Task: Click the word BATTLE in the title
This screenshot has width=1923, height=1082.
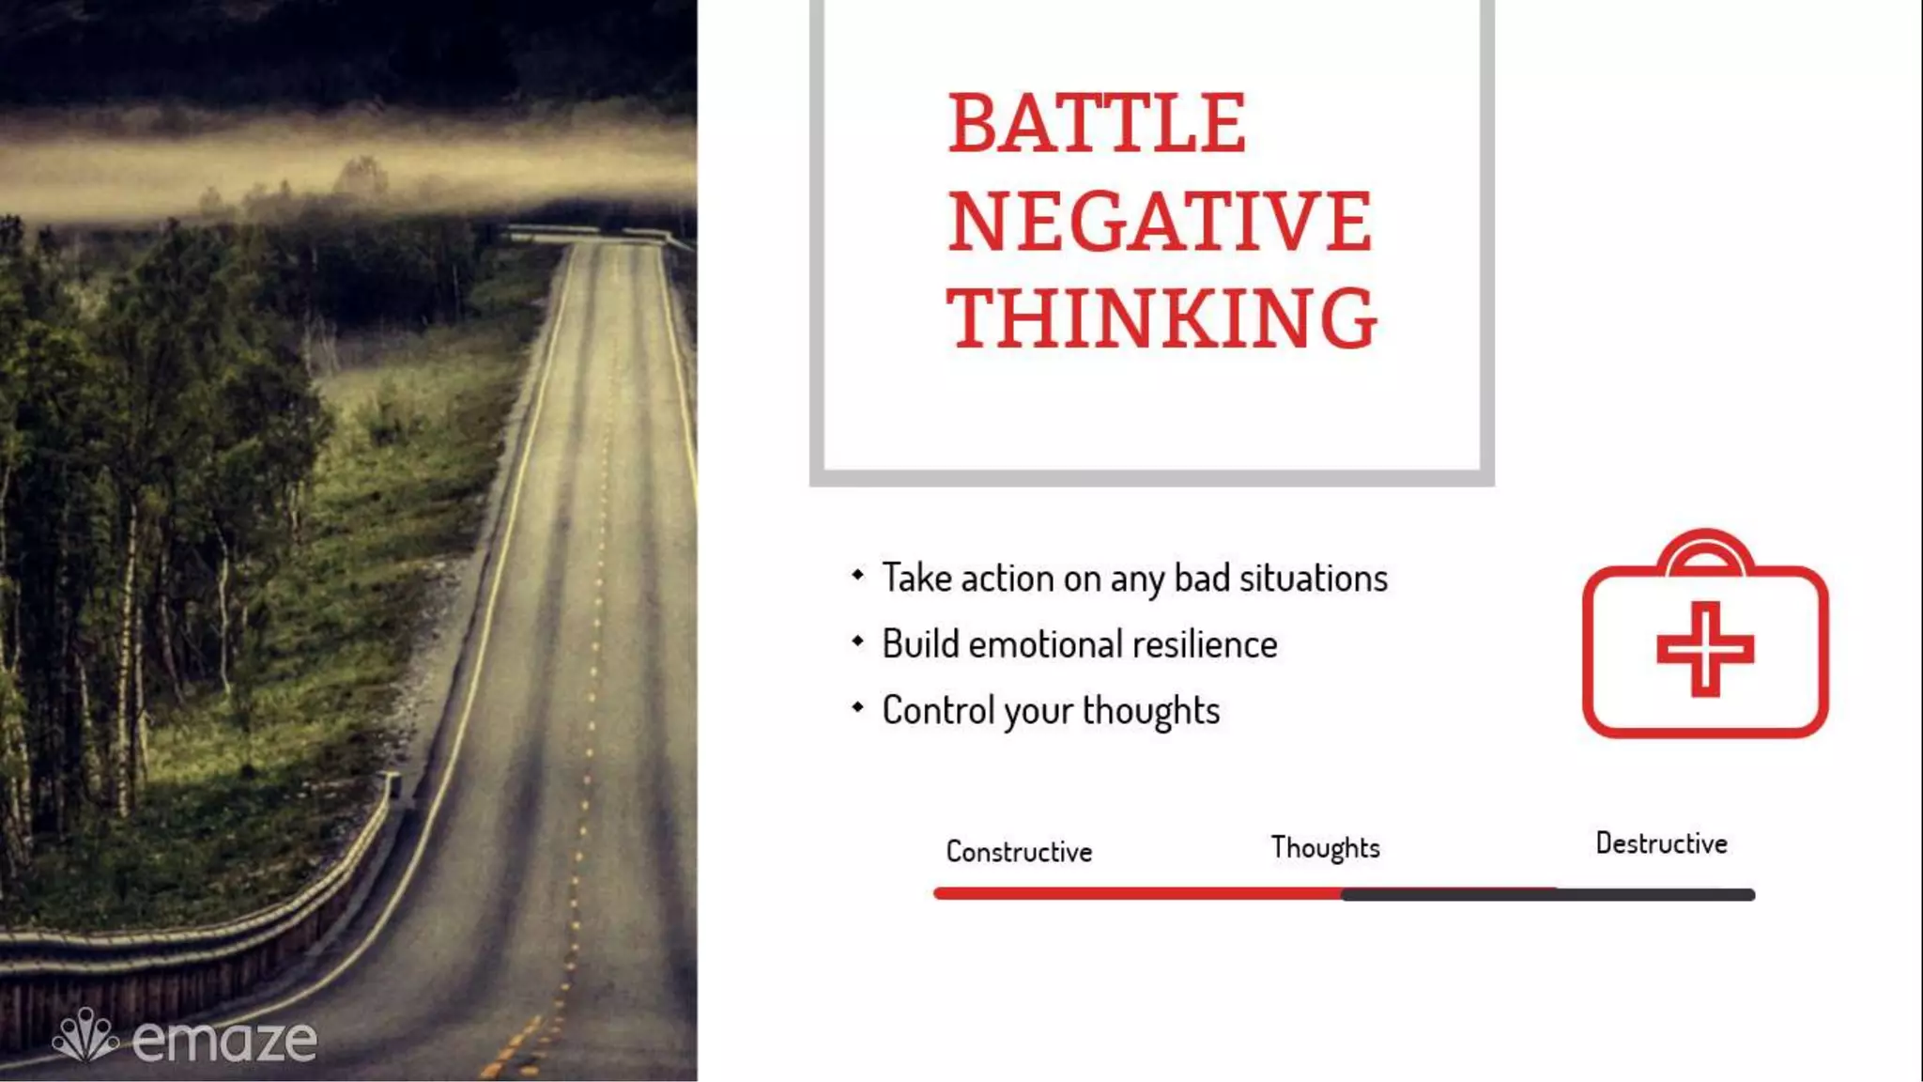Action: pyautogui.click(x=1097, y=123)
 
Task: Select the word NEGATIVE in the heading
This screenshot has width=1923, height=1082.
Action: pyautogui.click(x=1160, y=222)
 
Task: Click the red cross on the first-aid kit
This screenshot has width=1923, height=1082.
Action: pyautogui.click(x=1705, y=650)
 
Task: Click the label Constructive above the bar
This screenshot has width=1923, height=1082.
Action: pyautogui.click(x=1019, y=852)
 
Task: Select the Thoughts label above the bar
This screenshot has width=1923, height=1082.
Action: pyautogui.click(x=1325, y=848)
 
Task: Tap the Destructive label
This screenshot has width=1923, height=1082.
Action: pyautogui.click(x=1661, y=843)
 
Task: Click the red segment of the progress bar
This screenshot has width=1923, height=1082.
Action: pyautogui.click(x=1136, y=894)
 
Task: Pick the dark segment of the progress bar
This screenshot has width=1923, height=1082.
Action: pyautogui.click(x=1549, y=895)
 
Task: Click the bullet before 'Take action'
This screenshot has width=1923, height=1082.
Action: pyautogui.click(x=857, y=574)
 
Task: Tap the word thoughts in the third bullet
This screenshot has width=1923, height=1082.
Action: pyautogui.click(x=1151, y=711)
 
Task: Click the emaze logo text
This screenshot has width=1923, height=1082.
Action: pyautogui.click(x=224, y=1041)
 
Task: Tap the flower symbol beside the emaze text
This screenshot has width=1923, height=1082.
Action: pyautogui.click(x=85, y=1036)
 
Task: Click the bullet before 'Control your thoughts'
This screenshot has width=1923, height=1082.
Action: pyautogui.click(x=857, y=707)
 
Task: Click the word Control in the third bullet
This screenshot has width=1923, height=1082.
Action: pyautogui.click(x=938, y=711)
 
